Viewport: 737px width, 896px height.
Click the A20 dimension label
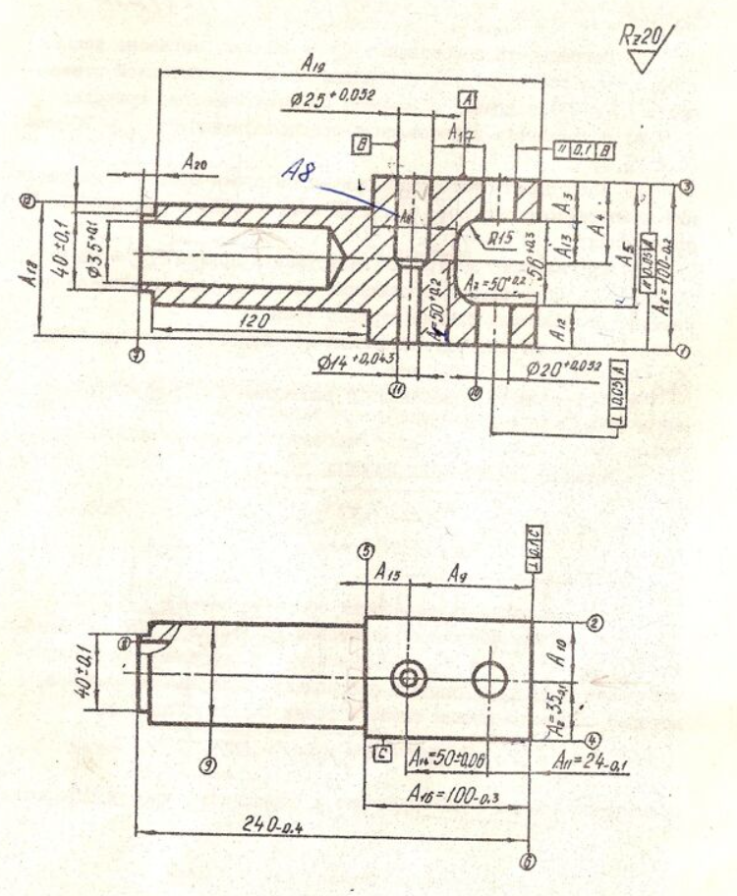point(196,168)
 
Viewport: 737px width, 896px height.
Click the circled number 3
point(688,188)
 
